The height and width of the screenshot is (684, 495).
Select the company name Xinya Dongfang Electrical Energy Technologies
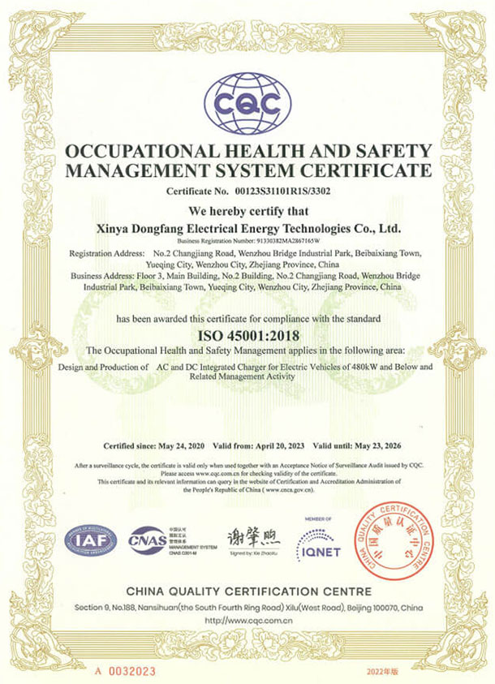click(x=247, y=229)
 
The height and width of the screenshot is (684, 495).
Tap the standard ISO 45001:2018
click(x=247, y=333)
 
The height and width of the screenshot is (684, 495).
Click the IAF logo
click(x=91, y=540)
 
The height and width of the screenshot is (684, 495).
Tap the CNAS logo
click(x=146, y=540)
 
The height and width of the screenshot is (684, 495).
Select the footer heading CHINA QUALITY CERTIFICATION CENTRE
click(x=247, y=591)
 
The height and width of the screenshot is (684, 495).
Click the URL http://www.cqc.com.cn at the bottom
click(x=247, y=621)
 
